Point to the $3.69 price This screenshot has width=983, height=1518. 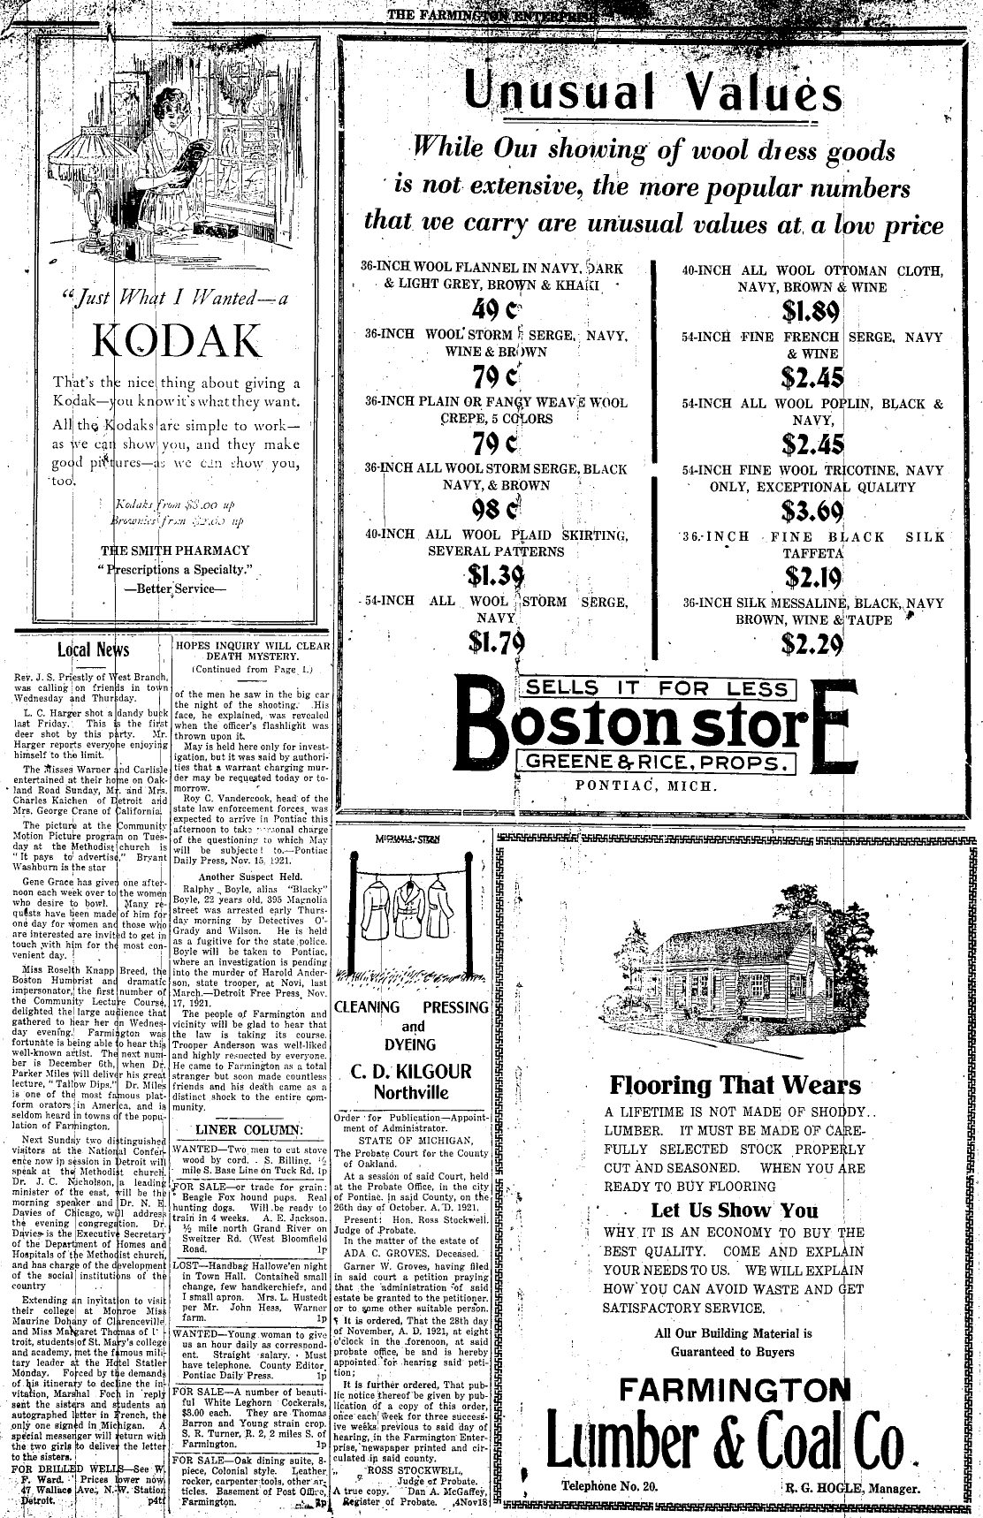[812, 511]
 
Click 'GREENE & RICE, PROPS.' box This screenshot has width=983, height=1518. [658, 763]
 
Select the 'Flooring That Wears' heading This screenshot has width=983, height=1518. [735, 1084]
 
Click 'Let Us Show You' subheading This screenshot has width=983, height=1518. [734, 1210]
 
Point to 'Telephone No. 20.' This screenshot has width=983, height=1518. [609, 1486]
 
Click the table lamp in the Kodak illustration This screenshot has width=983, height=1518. [91, 203]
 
